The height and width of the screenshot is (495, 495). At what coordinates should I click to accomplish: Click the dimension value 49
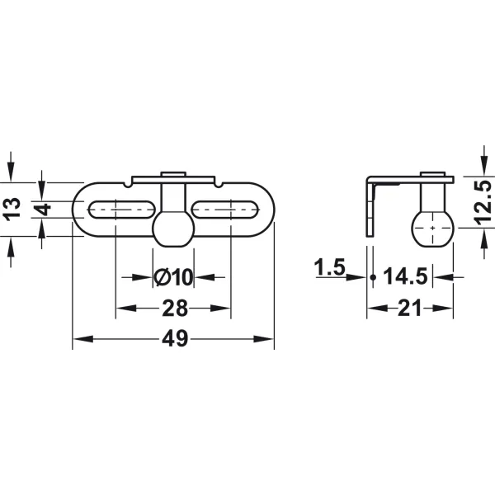pyautogui.click(x=175, y=339)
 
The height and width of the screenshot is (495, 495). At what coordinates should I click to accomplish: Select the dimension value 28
pyautogui.click(x=175, y=309)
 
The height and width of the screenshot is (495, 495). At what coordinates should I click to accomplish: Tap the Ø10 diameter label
pyautogui.click(x=173, y=277)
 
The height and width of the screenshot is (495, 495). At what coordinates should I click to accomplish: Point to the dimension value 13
pyautogui.click(x=12, y=209)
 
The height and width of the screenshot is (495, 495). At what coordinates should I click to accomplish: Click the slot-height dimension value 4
pyautogui.click(x=43, y=210)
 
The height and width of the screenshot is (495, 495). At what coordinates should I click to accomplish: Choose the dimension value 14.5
pyautogui.click(x=405, y=276)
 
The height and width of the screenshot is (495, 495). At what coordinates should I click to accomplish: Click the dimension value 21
pyautogui.click(x=409, y=308)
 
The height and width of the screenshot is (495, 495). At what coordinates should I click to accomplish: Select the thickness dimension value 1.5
pyautogui.click(x=329, y=267)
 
